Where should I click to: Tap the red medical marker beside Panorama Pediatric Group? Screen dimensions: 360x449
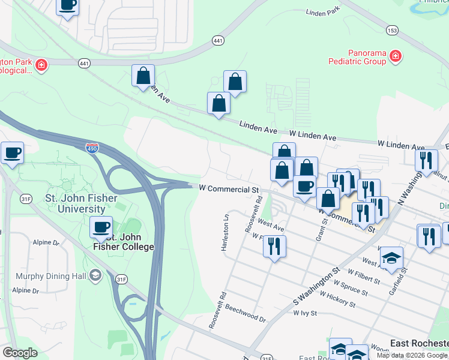click(396, 57)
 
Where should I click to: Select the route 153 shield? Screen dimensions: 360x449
click(392, 30)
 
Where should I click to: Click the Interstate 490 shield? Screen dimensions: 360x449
click(92, 148)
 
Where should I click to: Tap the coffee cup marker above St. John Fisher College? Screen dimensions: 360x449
click(101, 227)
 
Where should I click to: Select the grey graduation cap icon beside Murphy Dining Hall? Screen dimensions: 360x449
click(95, 275)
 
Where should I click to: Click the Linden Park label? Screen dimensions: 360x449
click(323, 11)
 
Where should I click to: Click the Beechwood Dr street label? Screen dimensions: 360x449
click(246, 317)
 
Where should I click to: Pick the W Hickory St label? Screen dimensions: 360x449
click(338, 300)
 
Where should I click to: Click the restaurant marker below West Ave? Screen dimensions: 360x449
click(274, 245)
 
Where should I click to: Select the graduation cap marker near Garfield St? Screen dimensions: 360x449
click(391, 258)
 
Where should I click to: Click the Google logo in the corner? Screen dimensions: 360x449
click(20, 352)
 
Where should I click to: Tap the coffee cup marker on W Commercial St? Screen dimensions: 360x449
click(305, 185)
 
